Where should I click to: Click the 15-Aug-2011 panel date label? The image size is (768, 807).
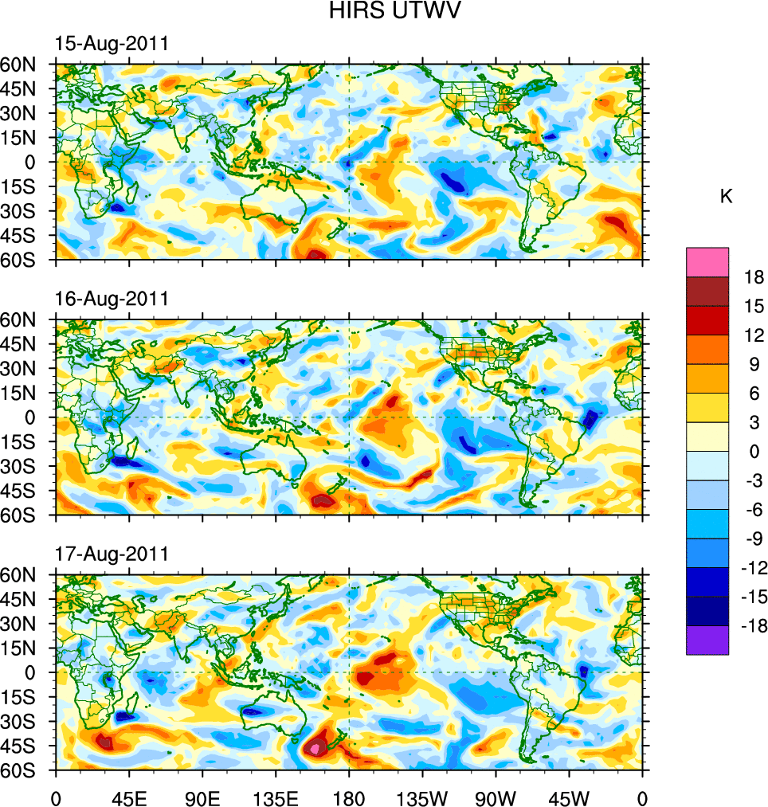pyautogui.click(x=112, y=44)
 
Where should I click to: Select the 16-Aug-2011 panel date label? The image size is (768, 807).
pyautogui.click(x=112, y=299)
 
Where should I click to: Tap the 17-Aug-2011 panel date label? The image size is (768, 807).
pyautogui.click(x=112, y=554)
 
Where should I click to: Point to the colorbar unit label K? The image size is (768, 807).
pyautogui.click(x=726, y=197)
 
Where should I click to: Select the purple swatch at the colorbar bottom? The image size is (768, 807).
pyautogui.click(x=707, y=640)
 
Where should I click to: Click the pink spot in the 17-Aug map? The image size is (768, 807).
pyautogui.click(x=317, y=748)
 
